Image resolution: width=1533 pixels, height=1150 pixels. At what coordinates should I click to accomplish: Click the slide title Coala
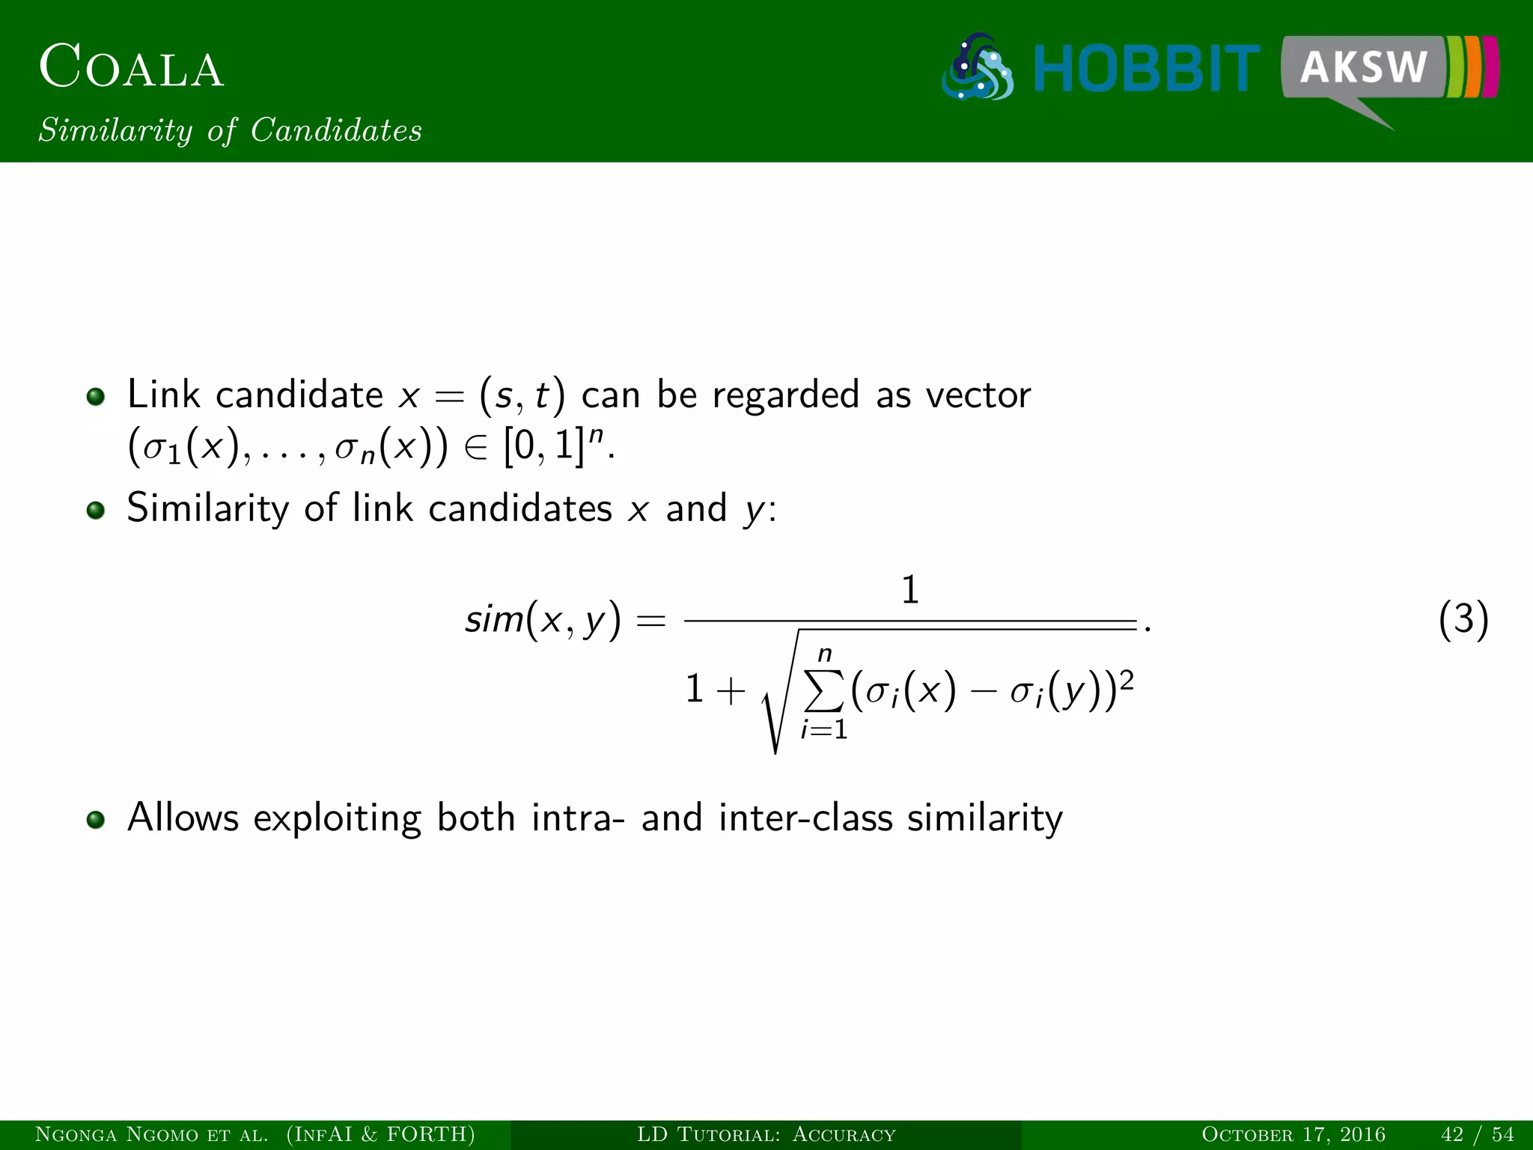(132, 67)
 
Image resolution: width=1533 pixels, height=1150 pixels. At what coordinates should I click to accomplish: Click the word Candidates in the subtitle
(336, 130)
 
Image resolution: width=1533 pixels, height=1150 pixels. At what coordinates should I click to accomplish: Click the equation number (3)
(1463, 620)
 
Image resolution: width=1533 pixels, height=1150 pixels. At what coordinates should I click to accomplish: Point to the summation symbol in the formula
(823, 690)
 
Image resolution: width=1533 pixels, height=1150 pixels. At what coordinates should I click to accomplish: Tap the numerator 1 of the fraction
(909, 590)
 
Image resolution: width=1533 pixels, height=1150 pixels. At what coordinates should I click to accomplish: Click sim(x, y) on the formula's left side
(543, 620)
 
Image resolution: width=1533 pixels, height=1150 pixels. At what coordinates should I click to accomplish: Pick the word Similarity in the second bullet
(207, 508)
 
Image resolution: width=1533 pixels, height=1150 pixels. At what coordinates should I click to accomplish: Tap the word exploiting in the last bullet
(337, 818)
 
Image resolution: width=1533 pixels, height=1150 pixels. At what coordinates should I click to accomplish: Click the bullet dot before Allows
(95, 820)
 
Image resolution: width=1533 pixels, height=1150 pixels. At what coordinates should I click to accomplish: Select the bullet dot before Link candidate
(95, 396)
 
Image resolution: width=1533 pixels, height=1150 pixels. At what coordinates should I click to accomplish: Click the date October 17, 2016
(1293, 1134)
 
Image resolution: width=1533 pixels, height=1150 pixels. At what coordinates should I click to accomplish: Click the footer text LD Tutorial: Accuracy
(766, 1134)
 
